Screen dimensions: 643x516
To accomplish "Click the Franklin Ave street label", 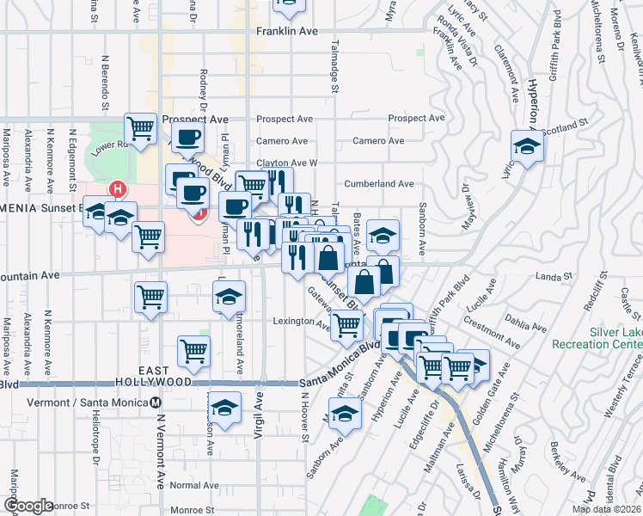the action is point(287,31).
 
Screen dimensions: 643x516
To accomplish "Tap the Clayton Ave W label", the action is point(287,163).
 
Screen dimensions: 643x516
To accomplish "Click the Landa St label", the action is point(554,277).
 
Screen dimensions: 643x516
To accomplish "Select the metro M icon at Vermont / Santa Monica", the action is point(156,402).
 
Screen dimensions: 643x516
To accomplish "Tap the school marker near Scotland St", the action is point(527,145).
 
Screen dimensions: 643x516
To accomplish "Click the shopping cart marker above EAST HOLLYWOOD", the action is point(193,350).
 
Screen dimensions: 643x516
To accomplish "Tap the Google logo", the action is point(28,506).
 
